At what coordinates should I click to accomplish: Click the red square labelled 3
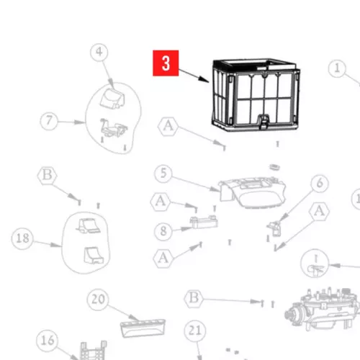click(166, 63)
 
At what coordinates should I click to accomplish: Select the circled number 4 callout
click(99, 52)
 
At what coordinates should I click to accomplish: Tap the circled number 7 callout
click(49, 122)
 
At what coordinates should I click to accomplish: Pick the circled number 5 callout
click(163, 174)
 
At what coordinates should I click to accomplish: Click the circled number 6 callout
click(320, 184)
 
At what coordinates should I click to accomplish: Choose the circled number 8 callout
click(163, 231)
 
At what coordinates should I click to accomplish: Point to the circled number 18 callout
click(22, 238)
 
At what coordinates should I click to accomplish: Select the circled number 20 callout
click(98, 300)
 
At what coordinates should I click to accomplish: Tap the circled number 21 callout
click(195, 331)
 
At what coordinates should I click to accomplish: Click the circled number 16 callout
click(47, 341)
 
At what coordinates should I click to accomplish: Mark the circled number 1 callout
click(337, 68)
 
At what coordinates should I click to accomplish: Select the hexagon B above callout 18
click(48, 176)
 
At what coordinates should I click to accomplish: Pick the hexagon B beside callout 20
click(194, 298)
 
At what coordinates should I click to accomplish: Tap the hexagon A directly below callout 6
click(320, 212)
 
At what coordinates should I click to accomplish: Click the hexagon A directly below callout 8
click(163, 258)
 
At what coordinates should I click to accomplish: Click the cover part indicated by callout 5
click(252, 192)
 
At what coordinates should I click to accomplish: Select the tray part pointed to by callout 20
click(143, 328)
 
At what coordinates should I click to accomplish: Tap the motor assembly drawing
click(323, 309)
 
